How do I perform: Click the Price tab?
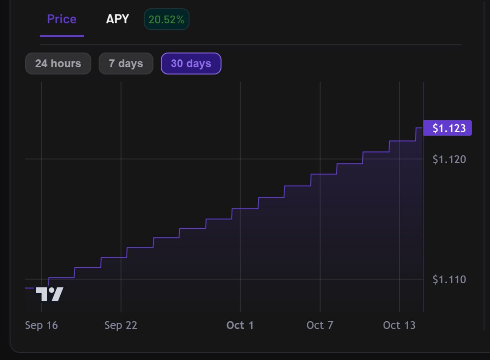[x=62, y=19]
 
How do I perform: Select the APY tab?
[x=117, y=19]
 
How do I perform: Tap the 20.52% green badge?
[x=166, y=20]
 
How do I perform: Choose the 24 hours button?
[x=58, y=64]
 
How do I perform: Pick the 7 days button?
[x=126, y=64]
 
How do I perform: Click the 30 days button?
[x=191, y=64]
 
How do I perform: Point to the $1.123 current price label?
[x=447, y=128]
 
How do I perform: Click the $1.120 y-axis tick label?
[x=449, y=159]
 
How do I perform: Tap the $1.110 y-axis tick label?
[x=449, y=279]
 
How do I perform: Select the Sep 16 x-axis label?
[x=42, y=325]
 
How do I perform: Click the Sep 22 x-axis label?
[x=121, y=325]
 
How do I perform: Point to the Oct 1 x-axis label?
[x=240, y=325]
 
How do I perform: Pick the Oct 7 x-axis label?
[x=320, y=325]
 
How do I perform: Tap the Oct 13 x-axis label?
[x=399, y=325]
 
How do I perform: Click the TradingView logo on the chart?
[x=49, y=294]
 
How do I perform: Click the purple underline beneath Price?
[x=62, y=36]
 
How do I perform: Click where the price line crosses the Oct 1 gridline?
[x=240, y=209]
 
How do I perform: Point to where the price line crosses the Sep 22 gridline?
[x=121, y=258]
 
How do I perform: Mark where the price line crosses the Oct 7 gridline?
[x=320, y=174]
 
